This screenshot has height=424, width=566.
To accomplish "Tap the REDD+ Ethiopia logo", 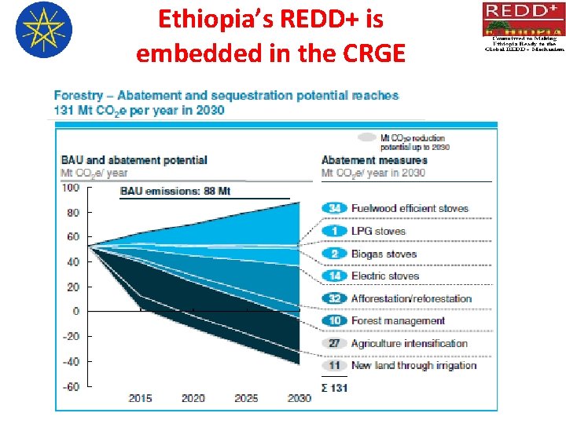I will tap(523, 27).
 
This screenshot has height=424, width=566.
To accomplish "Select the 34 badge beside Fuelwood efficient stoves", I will tap(334, 208).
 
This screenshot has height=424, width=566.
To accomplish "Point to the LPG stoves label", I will tap(378, 231).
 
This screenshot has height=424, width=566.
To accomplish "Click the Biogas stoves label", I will tap(384, 254).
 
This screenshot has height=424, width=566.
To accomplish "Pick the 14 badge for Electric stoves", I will tap(334, 276).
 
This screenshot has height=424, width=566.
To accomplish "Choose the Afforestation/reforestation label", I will tap(411, 298).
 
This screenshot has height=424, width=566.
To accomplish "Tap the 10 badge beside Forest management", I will tap(334, 320).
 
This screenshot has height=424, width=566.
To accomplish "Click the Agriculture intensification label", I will tap(409, 343).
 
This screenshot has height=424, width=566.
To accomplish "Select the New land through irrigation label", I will tap(413, 365).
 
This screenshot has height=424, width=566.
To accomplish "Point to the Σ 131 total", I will tap(334, 387).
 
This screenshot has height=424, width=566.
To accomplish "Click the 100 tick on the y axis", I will tap(70, 187).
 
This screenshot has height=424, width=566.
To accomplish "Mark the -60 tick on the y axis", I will tap(70, 386).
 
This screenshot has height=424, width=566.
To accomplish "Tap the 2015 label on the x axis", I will tap(140, 398).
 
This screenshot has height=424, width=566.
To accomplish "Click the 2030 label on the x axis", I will tap(299, 398).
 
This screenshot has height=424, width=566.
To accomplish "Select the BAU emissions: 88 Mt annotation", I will tap(175, 191).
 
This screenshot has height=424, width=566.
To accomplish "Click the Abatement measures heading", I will tap(374, 160).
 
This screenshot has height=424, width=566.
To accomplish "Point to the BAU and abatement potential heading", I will tap(134, 160).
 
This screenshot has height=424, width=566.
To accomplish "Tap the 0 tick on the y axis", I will tap(75, 312).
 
